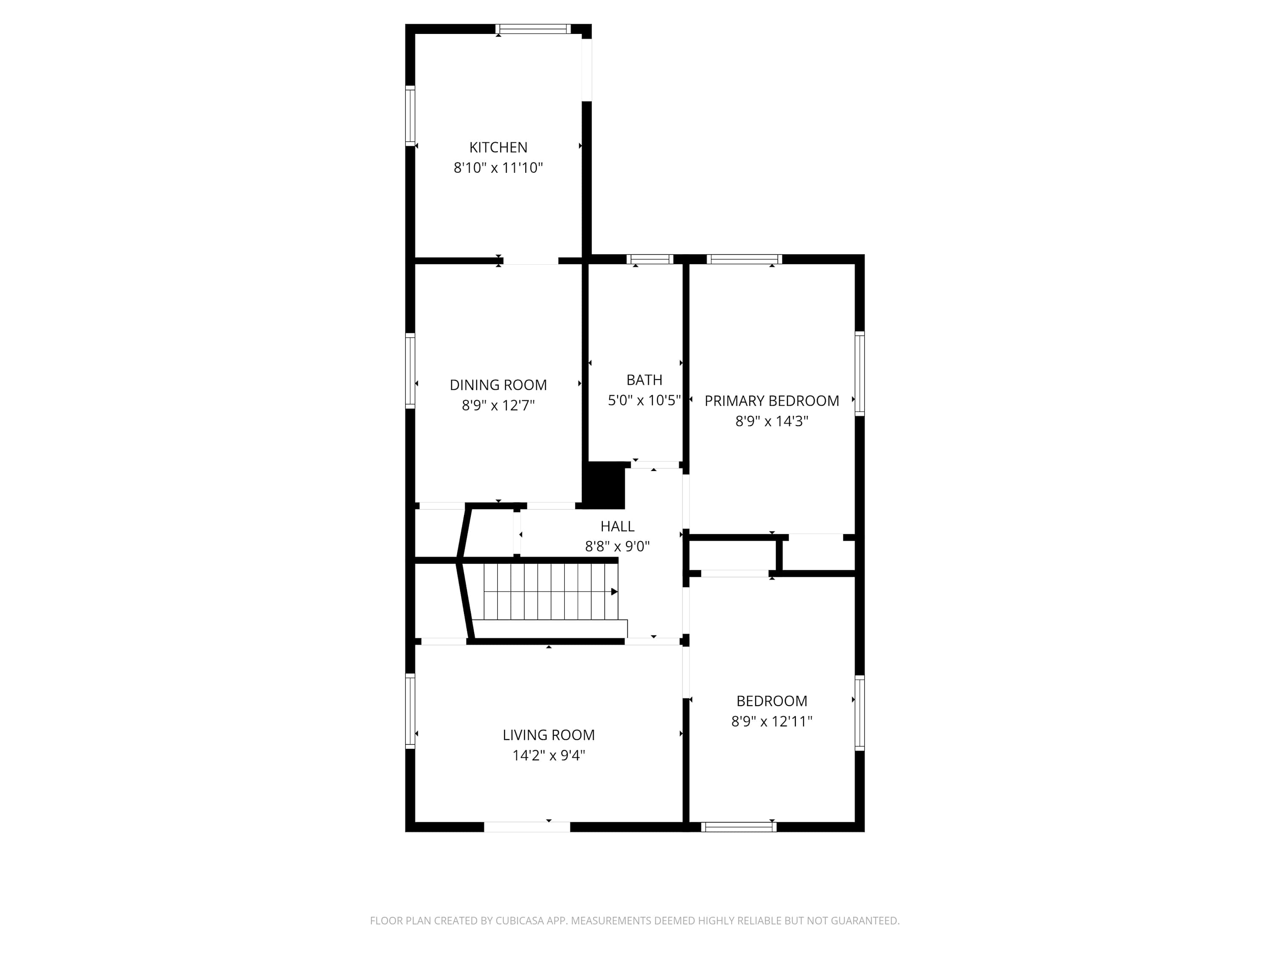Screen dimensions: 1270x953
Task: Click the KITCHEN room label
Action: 498,148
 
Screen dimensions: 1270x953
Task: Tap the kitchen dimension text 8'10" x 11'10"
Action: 498,168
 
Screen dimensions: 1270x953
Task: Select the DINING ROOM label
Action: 498,385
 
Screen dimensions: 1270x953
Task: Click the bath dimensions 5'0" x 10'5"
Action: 644,400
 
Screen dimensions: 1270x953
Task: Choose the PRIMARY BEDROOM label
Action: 772,401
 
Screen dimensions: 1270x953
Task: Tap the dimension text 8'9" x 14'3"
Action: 772,421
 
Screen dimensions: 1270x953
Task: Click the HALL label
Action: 617,526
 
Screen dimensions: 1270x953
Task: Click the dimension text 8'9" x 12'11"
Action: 772,721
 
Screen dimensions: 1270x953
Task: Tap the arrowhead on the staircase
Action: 614,592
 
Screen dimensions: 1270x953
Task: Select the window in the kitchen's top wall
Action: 533,29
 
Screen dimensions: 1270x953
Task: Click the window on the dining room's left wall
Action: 410,371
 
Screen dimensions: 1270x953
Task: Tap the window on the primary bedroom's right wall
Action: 859,374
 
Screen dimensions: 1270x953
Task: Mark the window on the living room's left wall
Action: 410,711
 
